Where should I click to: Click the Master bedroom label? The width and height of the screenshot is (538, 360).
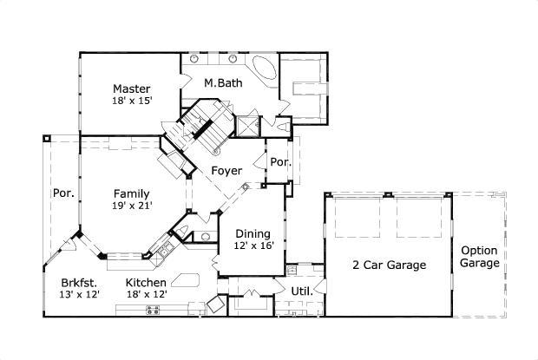(131, 88)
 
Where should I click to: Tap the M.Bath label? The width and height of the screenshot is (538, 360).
(222, 83)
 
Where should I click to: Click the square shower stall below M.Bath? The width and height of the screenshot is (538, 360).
(248, 125)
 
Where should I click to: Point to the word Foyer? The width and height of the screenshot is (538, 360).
(227, 171)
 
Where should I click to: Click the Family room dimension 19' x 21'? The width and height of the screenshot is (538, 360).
(131, 206)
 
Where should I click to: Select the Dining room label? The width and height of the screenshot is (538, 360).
(253, 233)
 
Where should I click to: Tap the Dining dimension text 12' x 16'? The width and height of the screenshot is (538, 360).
(253, 245)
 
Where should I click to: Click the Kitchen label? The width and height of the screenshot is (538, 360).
(146, 283)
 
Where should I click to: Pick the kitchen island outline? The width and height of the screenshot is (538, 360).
(185, 278)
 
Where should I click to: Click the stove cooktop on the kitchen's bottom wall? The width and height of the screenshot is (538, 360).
(155, 309)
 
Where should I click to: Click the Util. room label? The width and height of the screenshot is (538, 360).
(302, 291)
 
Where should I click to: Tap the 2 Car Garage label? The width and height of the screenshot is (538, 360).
(388, 265)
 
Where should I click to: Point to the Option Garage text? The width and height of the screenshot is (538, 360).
(479, 256)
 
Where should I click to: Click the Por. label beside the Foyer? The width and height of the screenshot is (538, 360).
(279, 162)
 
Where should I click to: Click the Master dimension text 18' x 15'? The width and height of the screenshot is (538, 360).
(131, 101)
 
